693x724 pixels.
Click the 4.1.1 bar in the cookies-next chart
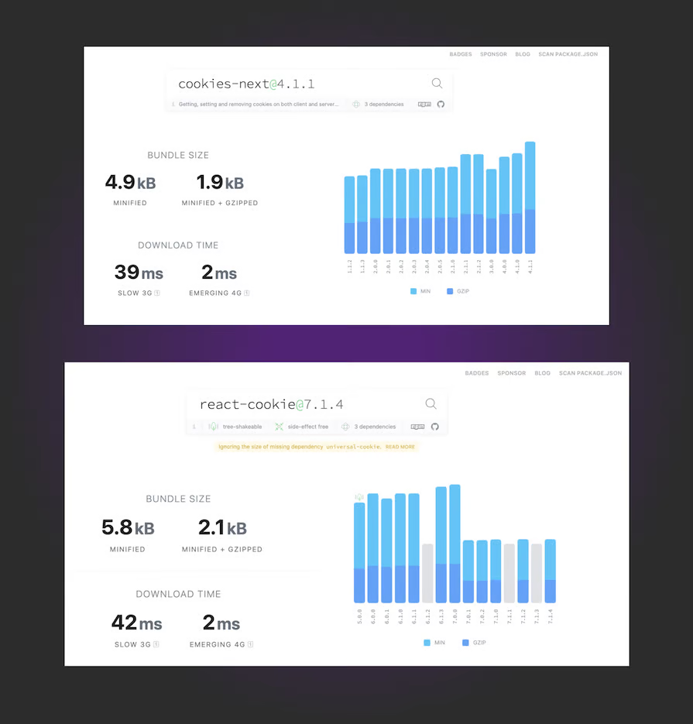(530, 197)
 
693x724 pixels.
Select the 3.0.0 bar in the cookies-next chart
(491, 211)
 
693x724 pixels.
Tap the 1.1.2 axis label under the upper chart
(350, 267)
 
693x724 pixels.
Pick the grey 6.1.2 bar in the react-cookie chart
(427, 573)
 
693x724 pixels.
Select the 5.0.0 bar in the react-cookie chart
(359, 552)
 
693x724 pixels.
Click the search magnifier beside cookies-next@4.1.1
(437, 84)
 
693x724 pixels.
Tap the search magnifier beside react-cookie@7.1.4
(431, 403)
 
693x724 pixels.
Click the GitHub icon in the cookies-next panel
(441, 104)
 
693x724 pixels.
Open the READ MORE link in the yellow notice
(400, 447)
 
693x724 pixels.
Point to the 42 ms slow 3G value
(137, 623)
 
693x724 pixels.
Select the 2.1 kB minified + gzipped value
(222, 528)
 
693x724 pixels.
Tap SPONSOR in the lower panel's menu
(511, 373)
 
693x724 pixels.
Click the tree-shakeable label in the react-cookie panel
(242, 427)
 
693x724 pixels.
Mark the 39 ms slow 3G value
(139, 273)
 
